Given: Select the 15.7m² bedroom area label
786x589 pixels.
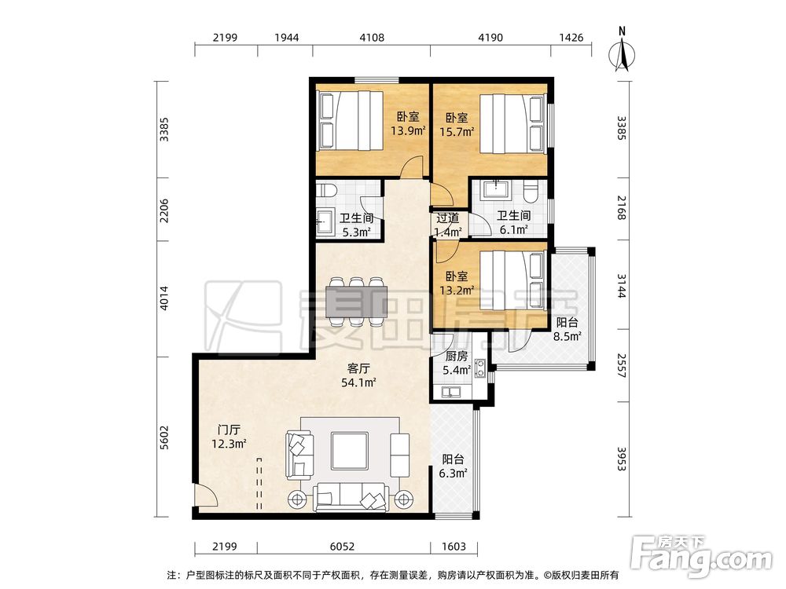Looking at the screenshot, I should pyautogui.click(x=457, y=124).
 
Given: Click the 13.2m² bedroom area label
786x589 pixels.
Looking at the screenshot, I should pyautogui.click(x=457, y=284).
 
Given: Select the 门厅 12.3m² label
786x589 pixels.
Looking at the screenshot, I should pyautogui.click(x=229, y=437).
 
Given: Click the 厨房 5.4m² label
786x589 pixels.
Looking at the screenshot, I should pyautogui.click(x=455, y=363).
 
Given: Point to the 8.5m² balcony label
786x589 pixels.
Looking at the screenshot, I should pyautogui.click(x=567, y=329).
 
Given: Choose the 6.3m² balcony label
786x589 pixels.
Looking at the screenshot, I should pyautogui.click(x=454, y=466).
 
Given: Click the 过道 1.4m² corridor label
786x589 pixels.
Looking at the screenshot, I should pyautogui.click(x=447, y=225).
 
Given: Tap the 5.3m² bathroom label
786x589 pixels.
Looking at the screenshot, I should pyautogui.click(x=356, y=225).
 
